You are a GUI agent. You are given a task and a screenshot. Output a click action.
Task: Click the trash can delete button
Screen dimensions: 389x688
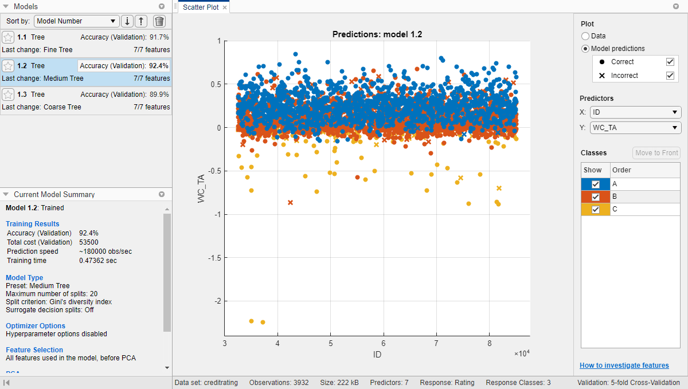point(159,21)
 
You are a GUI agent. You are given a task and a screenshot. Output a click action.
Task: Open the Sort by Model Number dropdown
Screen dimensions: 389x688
point(77,21)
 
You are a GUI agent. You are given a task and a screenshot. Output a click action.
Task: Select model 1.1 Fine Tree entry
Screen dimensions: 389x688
point(86,43)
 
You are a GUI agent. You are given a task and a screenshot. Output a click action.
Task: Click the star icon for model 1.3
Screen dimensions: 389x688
point(8,95)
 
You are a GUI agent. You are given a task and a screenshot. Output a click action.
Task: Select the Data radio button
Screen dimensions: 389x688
point(585,36)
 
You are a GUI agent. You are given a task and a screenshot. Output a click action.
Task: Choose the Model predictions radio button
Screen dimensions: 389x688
point(585,49)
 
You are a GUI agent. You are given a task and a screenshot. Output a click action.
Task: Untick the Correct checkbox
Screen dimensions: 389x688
point(670,62)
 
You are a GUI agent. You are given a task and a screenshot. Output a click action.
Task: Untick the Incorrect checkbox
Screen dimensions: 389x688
point(670,76)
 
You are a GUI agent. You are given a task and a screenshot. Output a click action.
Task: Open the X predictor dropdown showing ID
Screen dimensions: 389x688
point(635,112)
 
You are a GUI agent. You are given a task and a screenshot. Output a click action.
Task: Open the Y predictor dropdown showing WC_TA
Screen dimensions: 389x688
point(635,128)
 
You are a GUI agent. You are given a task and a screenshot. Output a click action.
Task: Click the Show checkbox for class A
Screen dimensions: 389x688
point(596,184)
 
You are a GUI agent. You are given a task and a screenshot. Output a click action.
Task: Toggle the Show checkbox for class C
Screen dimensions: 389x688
point(596,210)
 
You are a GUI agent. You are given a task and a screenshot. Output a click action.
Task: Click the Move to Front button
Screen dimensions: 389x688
point(656,152)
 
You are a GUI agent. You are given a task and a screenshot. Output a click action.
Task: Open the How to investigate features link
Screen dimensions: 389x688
point(624,366)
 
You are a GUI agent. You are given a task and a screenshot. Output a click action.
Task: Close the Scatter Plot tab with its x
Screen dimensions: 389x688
point(225,7)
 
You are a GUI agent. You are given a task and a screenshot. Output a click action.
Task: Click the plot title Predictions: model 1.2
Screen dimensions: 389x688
point(377,34)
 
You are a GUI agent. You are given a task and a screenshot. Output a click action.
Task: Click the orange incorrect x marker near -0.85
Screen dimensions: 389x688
point(290,202)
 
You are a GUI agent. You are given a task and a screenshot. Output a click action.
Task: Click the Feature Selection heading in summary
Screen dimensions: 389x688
point(34,350)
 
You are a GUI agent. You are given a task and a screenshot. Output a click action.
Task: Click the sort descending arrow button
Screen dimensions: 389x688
point(127,21)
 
